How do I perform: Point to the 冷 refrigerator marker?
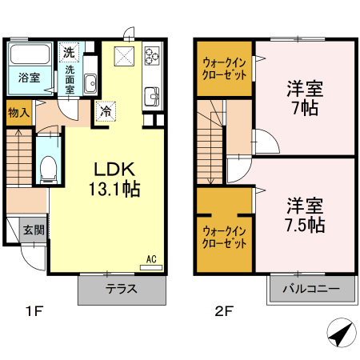click(106, 112)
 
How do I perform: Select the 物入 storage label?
click(18, 113)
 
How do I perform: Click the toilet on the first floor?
click(48, 169)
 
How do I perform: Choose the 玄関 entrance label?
click(34, 230)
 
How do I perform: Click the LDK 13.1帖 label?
click(116, 178)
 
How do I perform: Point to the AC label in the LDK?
click(151, 259)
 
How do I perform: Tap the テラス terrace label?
click(123, 289)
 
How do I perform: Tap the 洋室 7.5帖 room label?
click(304, 214)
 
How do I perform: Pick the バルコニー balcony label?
click(312, 289)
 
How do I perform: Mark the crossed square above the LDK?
click(124, 55)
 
